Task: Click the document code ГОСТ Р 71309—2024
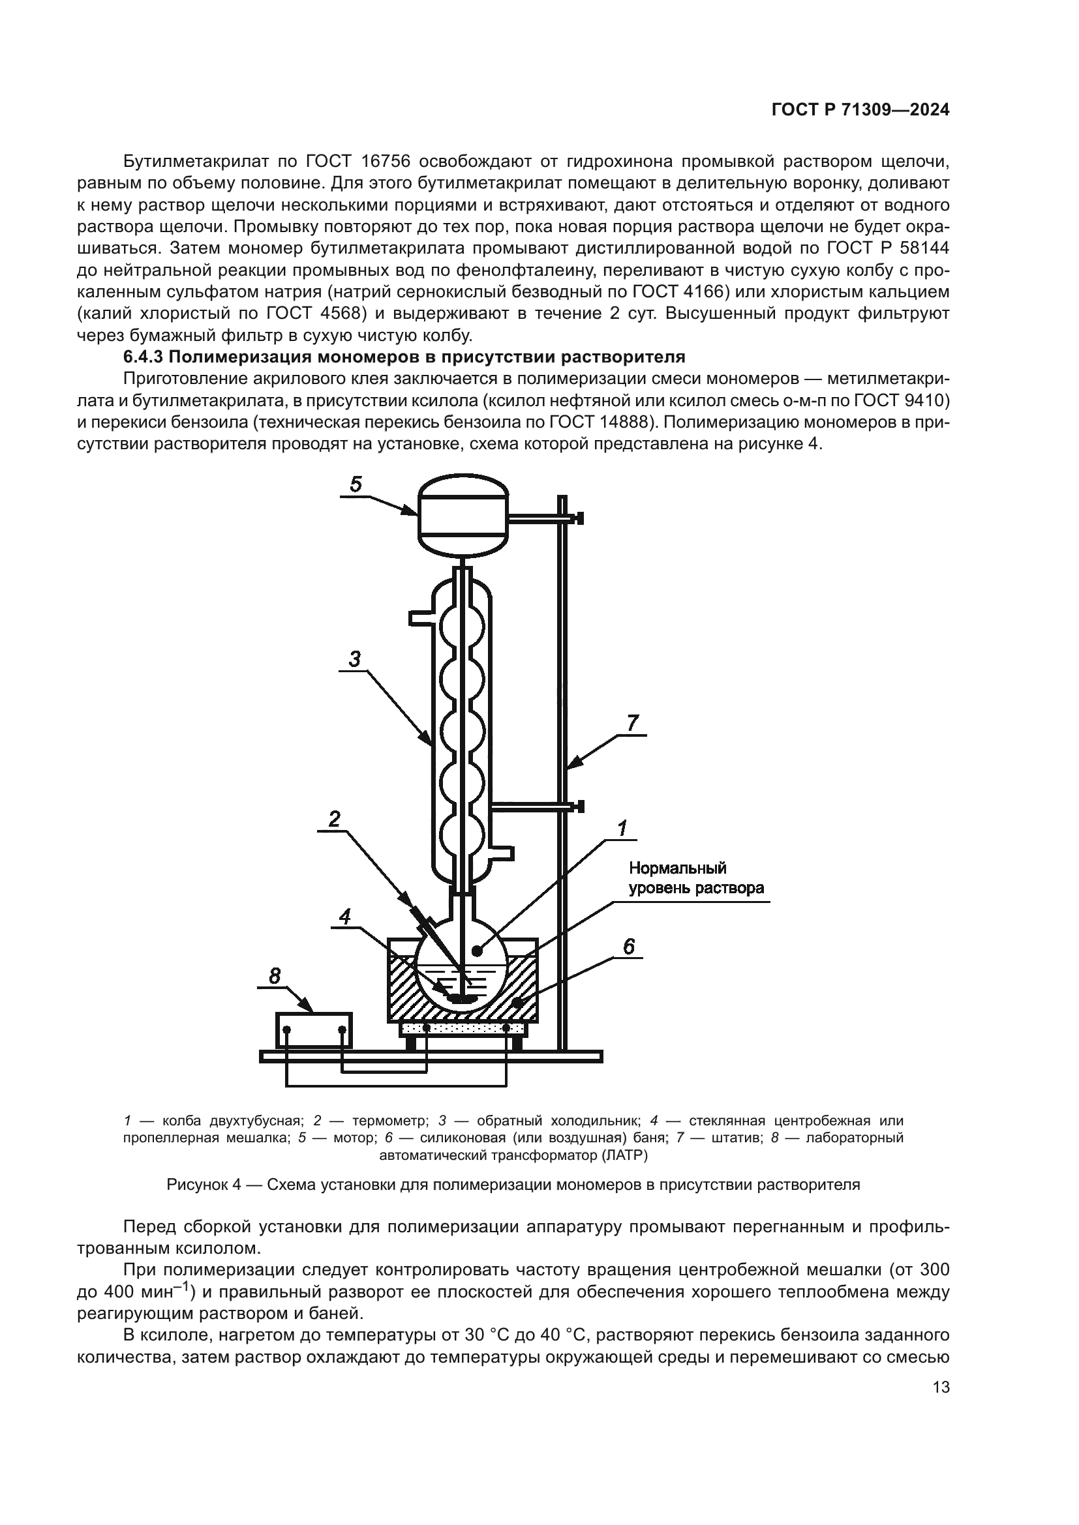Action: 860,110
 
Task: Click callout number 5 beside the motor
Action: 356,484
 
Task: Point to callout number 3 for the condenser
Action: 354,659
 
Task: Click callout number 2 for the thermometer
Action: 334,819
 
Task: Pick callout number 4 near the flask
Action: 345,917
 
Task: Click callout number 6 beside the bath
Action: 628,947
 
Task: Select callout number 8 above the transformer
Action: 275,976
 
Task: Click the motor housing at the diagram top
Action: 463,515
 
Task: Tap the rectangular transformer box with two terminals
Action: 314,1030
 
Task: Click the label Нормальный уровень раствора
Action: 695,878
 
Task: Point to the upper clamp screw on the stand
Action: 580,518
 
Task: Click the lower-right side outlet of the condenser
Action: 504,852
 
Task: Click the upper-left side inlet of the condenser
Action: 421,617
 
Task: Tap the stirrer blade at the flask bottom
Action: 461,998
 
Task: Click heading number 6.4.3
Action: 144,357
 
